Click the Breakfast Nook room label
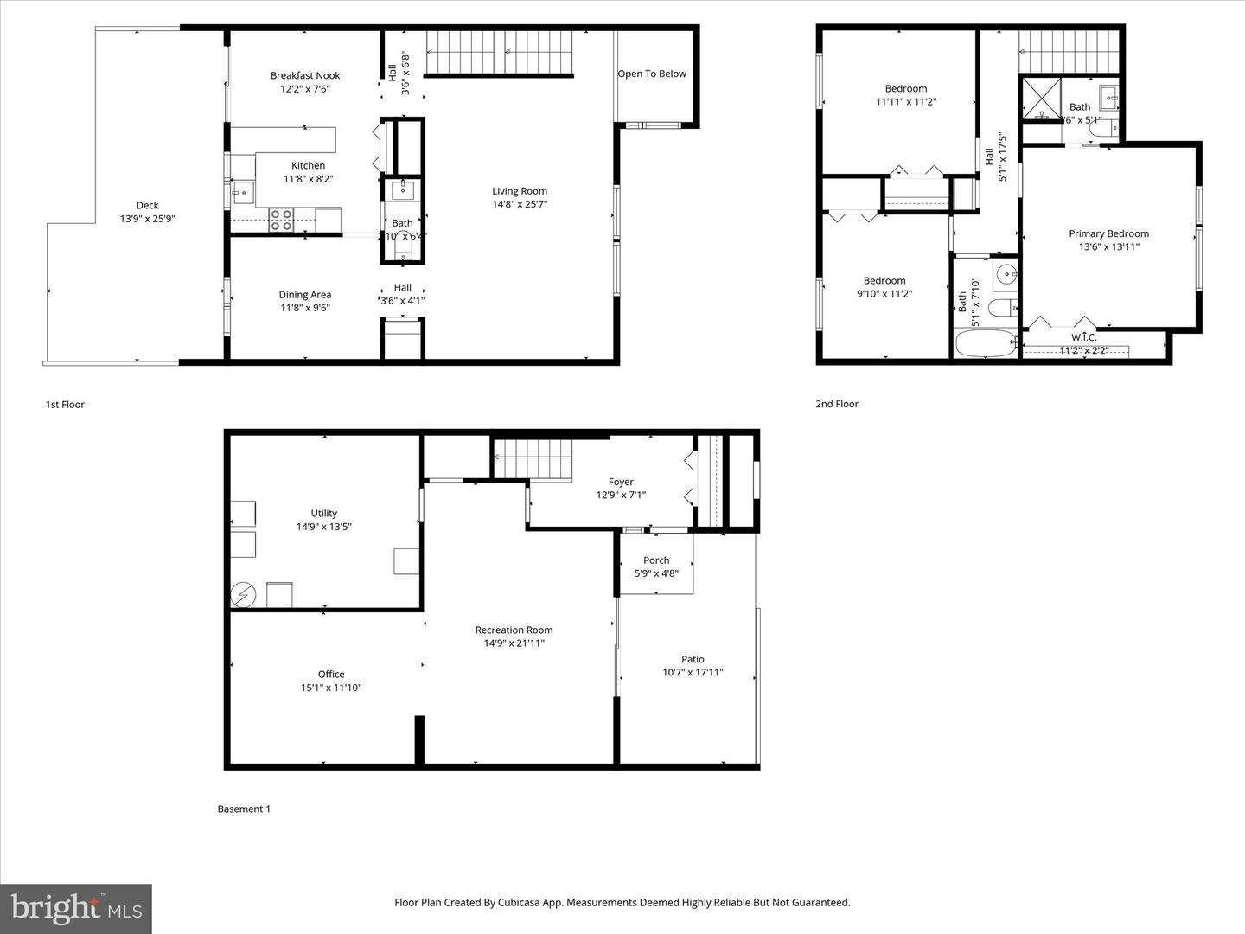click(x=305, y=76)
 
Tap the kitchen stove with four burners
click(x=281, y=221)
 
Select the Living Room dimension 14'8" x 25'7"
click(x=520, y=205)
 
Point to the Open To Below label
click(x=652, y=74)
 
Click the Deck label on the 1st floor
click(x=148, y=206)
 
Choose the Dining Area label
click(x=305, y=295)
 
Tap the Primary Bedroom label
click(x=1108, y=233)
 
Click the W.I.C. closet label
click(x=1083, y=337)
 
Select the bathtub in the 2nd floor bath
click(x=986, y=343)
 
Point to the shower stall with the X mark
click(x=1042, y=98)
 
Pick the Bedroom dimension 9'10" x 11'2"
click(x=884, y=294)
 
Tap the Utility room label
click(x=324, y=514)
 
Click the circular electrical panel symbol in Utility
click(x=243, y=595)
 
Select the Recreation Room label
click(x=514, y=630)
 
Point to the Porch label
click(x=656, y=560)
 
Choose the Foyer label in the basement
click(x=621, y=483)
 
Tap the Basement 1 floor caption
click(x=244, y=809)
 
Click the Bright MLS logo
click(x=76, y=908)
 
